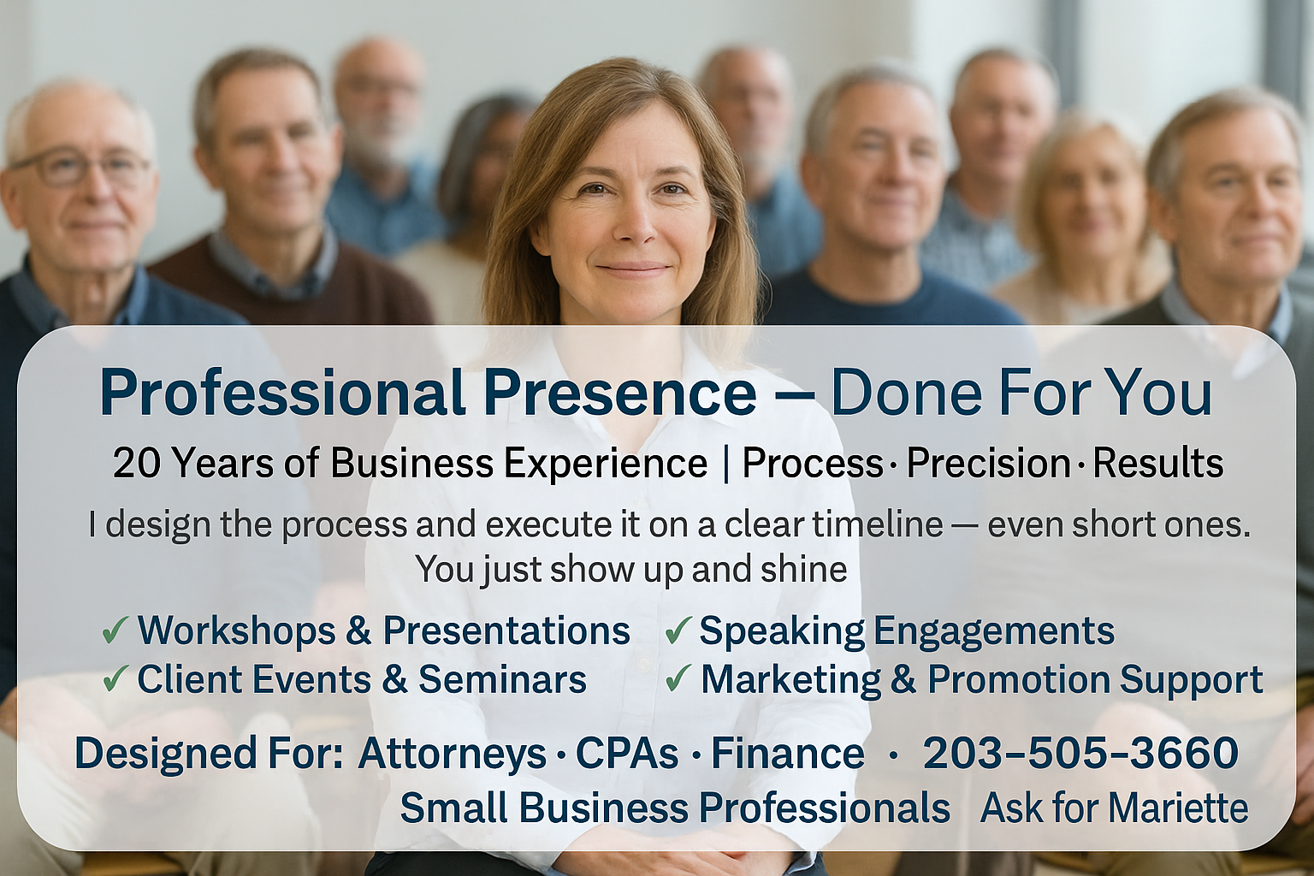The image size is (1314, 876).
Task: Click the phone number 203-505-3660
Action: tap(1080, 754)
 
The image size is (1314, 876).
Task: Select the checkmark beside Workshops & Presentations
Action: tap(115, 632)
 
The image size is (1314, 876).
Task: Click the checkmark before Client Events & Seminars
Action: tap(115, 679)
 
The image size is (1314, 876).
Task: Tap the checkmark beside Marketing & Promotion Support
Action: tap(678, 679)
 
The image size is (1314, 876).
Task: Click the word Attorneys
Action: tap(453, 755)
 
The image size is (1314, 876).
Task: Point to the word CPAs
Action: tap(627, 754)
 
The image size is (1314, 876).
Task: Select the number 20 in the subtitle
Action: tap(135, 464)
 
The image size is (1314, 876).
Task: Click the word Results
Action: tap(1158, 464)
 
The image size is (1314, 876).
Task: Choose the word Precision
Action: tap(989, 464)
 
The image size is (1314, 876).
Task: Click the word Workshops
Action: tap(237, 631)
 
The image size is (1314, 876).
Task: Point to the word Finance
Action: tap(788, 754)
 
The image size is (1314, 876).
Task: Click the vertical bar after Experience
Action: tap(727, 464)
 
